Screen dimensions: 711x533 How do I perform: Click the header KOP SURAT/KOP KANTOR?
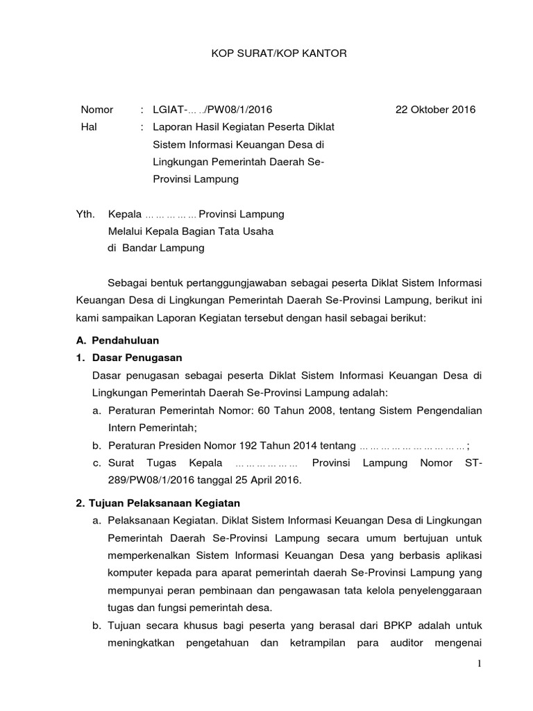(266, 53)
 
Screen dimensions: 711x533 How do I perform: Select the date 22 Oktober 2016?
(436, 110)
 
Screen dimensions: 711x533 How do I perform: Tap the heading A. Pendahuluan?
(117, 340)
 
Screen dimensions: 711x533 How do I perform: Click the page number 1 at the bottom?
(479, 664)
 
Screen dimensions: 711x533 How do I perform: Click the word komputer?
(131, 572)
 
